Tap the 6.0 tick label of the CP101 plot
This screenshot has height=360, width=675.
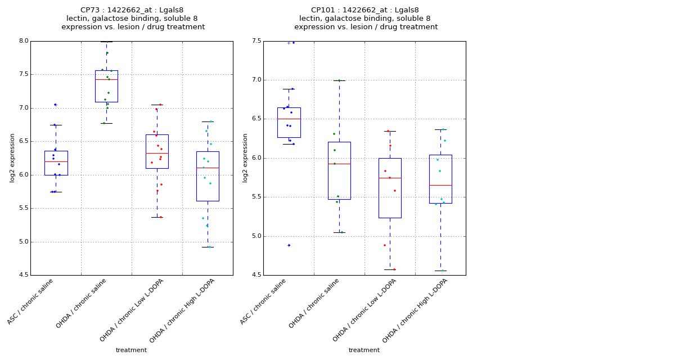click(x=256, y=158)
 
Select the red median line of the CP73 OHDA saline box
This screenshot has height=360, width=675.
click(x=106, y=79)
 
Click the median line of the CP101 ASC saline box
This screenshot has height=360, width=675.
click(x=289, y=119)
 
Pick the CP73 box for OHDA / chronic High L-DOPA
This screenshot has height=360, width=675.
click(x=208, y=176)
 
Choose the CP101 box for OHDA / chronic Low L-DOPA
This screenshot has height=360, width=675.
click(x=390, y=188)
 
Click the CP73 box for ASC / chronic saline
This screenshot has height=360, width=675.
click(x=56, y=163)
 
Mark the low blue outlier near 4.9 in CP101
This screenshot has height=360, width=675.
click(x=289, y=245)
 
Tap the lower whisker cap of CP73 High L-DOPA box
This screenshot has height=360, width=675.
click(x=208, y=247)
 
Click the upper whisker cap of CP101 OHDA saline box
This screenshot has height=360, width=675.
click(x=339, y=80)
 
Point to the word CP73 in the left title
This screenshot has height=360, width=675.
click(x=91, y=10)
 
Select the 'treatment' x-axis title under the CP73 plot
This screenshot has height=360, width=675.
click(x=131, y=350)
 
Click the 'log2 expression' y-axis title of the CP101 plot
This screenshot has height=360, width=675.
click(x=245, y=157)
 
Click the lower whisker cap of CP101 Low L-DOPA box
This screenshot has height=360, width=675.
click(x=390, y=269)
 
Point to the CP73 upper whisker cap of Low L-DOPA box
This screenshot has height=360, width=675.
click(x=157, y=104)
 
